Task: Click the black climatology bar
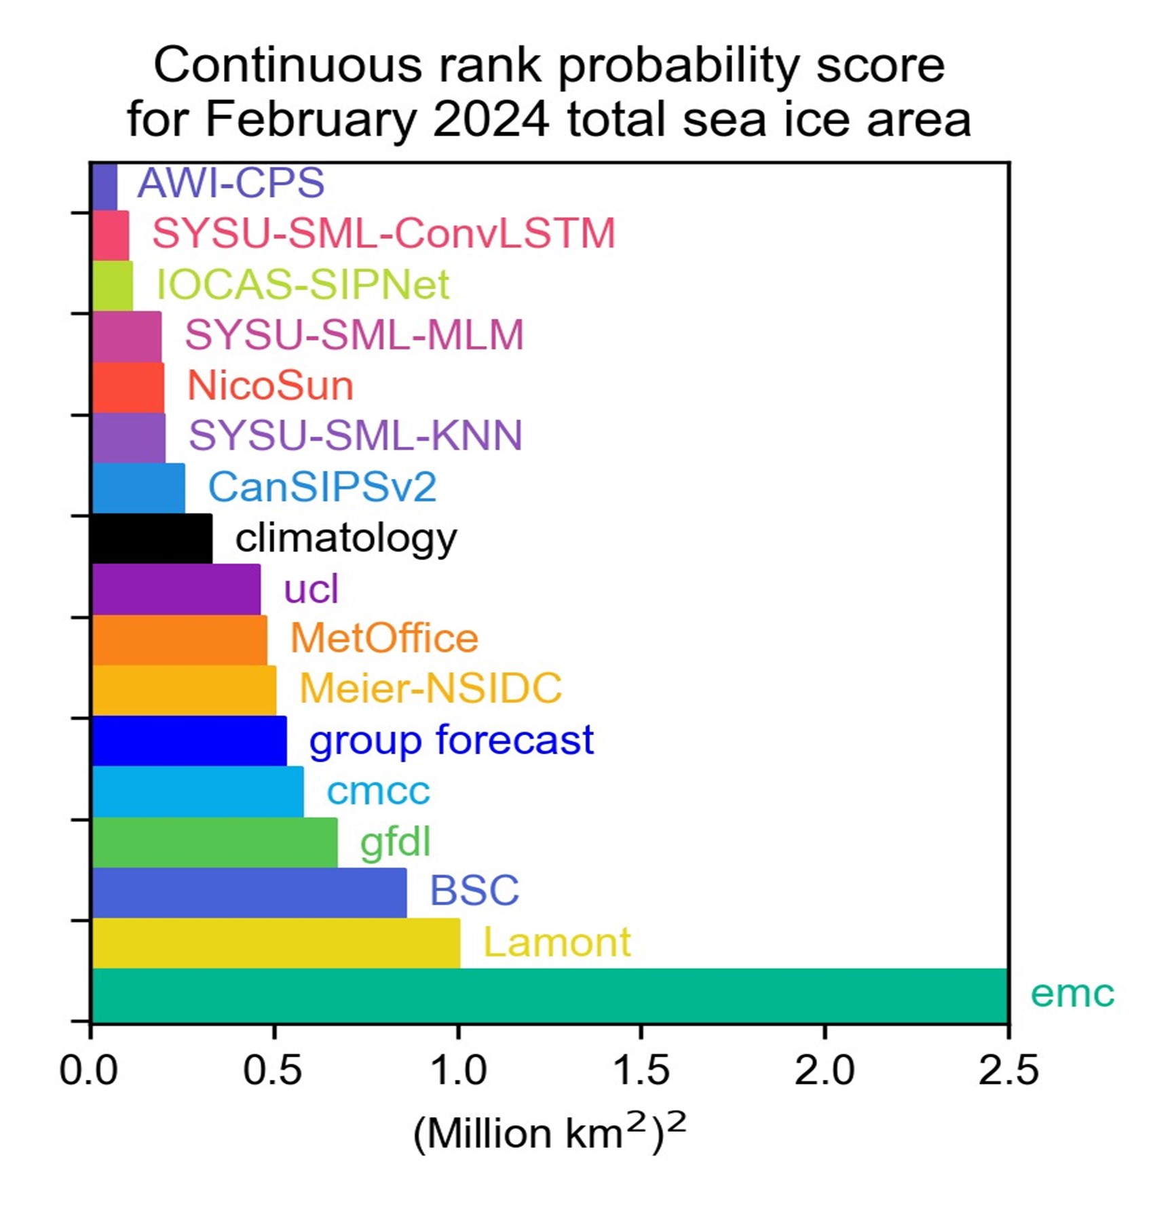[x=151, y=539]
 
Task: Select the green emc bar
[x=550, y=994]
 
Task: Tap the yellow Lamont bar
[x=276, y=943]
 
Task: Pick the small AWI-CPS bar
[x=105, y=186]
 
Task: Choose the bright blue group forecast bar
[x=189, y=741]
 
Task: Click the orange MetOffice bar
[x=179, y=640]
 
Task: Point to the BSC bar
[x=249, y=893]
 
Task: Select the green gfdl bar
[x=214, y=842]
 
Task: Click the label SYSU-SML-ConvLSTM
[x=383, y=233]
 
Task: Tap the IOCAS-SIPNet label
[x=303, y=284]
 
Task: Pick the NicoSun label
[x=270, y=385]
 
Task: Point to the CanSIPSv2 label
[x=322, y=487]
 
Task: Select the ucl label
[x=311, y=589]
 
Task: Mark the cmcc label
[x=378, y=792]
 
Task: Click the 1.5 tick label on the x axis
[x=641, y=1070]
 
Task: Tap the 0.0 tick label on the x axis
[x=89, y=1070]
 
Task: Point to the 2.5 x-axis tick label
[x=1008, y=1070]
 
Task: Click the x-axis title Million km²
[x=550, y=1133]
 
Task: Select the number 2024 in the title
[x=491, y=120]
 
